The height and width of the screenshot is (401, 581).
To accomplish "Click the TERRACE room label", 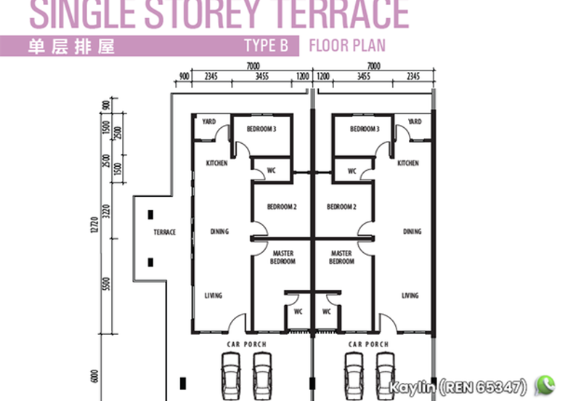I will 165,232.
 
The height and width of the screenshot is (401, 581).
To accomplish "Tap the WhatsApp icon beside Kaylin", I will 545,384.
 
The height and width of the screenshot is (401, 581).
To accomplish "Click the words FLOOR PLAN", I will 347,46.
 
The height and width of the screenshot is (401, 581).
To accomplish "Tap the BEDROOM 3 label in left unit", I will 261,129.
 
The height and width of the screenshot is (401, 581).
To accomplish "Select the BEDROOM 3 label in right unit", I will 365,129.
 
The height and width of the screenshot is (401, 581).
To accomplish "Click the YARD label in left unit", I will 209,122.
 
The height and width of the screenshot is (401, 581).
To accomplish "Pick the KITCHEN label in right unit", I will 408,163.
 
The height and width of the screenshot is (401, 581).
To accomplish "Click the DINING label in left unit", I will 219,232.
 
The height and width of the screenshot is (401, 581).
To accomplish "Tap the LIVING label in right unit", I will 410,296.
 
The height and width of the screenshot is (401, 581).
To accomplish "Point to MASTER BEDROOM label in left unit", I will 283,257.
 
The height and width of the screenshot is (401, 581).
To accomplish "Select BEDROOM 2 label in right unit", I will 341,207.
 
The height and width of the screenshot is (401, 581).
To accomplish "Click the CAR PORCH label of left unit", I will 247,344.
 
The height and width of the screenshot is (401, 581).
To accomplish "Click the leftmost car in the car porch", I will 231,373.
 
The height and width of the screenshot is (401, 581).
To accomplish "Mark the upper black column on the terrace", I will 150,214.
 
